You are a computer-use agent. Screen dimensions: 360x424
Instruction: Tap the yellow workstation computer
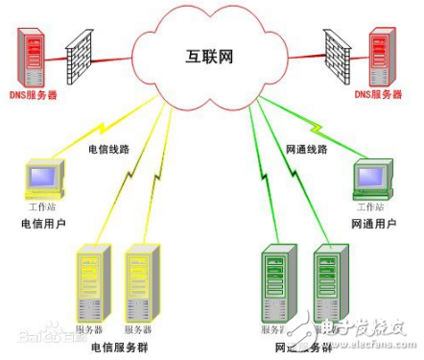(x=43, y=180)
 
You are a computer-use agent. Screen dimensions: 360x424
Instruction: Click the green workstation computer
(x=371, y=180)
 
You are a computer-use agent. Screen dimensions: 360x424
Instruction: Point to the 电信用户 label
(x=43, y=225)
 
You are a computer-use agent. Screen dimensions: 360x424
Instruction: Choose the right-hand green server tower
(x=330, y=283)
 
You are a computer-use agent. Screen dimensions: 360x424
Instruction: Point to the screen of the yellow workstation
(x=43, y=177)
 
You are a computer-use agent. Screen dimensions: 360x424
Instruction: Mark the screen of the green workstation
(x=370, y=177)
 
